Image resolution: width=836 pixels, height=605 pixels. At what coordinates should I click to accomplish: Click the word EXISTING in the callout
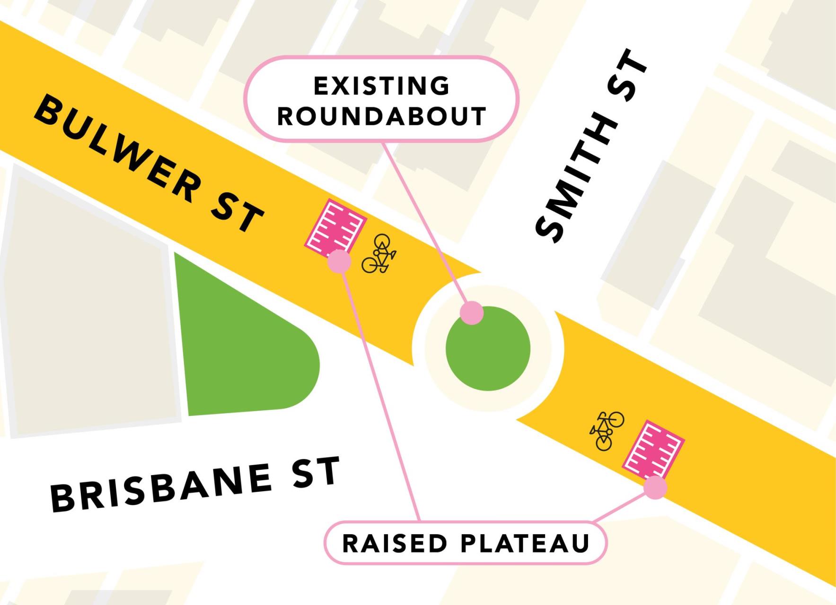click(x=381, y=86)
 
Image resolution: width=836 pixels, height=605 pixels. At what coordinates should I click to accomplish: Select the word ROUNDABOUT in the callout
click(x=381, y=116)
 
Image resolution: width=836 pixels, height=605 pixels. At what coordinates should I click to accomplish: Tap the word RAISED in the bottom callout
click(x=395, y=543)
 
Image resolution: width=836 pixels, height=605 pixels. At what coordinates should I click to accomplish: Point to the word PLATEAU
click(x=525, y=543)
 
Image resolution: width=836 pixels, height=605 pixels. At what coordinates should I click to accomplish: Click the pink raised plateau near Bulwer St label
click(x=335, y=227)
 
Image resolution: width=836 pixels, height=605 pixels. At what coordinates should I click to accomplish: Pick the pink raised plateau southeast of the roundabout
click(x=653, y=449)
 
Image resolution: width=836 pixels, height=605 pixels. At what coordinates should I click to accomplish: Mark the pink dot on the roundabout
click(x=472, y=313)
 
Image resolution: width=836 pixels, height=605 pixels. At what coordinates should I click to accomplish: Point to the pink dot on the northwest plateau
click(x=339, y=261)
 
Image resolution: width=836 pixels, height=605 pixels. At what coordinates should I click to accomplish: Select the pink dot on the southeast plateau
click(x=655, y=487)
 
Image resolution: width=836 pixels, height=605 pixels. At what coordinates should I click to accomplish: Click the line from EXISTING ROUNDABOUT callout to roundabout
click(x=426, y=222)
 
